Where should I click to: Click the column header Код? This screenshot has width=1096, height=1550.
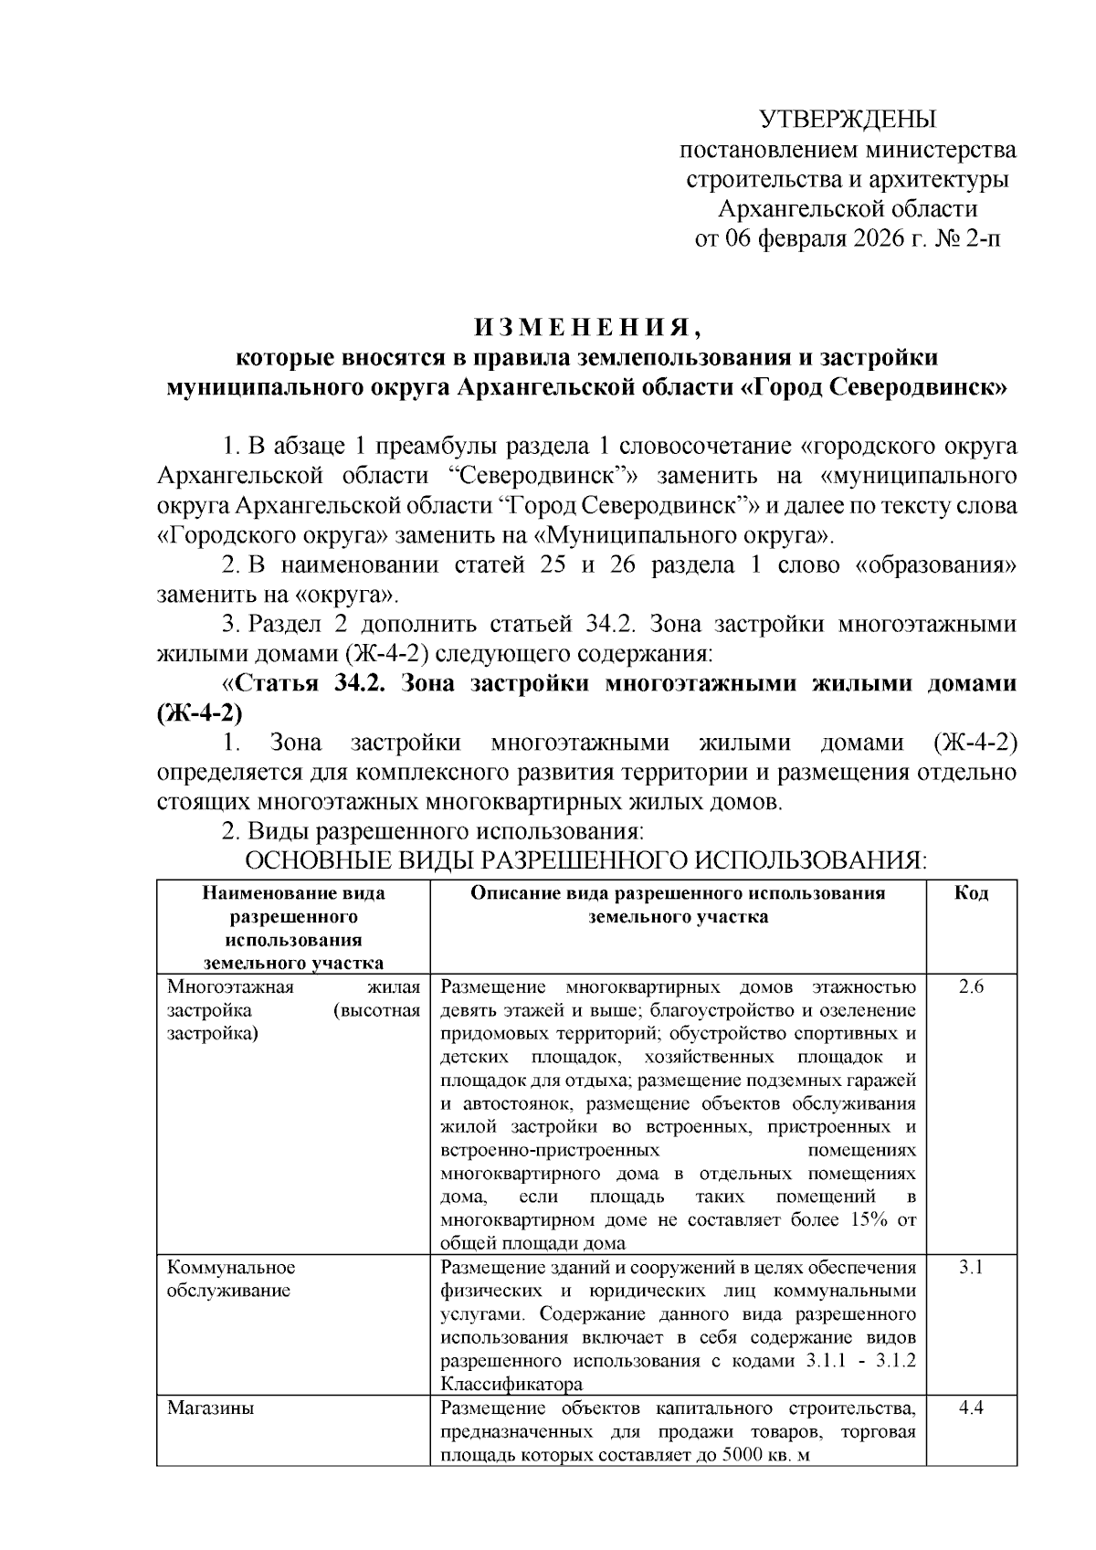pyautogui.click(x=971, y=893)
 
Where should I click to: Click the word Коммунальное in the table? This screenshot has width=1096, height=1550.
pyautogui.click(x=231, y=1268)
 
